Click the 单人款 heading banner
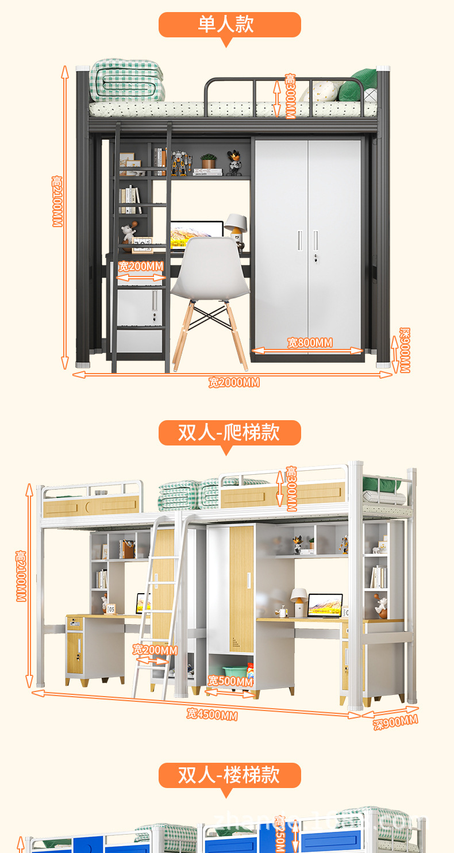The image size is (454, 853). pyautogui.click(x=229, y=25)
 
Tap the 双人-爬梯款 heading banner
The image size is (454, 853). pyautogui.click(x=229, y=432)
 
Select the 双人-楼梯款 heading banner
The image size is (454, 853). pyautogui.click(x=229, y=775)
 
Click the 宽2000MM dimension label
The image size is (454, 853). pyautogui.click(x=234, y=382)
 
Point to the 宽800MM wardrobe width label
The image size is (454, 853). pyautogui.click(x=310, y=343)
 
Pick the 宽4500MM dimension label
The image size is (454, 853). pyautogui.click(x=212, y=714)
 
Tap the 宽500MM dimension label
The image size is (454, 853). pyautogui.click(x=230, y=681)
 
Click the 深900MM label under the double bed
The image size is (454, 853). pyautogui.click(x=395, y=721)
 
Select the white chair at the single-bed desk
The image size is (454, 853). pyautogui.click(x=210, y=276)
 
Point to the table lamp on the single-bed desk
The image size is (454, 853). pyautogui.click(x=235, y=225)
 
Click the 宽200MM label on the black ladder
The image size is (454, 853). pyautogui.click(x=141, y=267)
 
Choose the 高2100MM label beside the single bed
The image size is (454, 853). pyautogui.click(x=57, y=201)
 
